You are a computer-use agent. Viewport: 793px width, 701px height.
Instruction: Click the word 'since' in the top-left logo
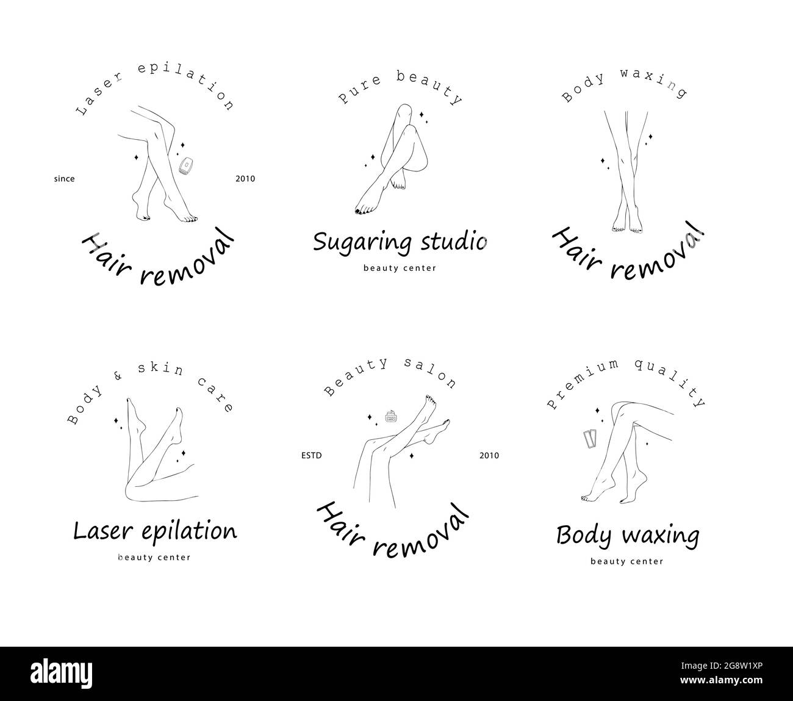[64, 179]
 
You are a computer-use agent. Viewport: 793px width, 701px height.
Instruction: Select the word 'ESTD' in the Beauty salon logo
[312, 456]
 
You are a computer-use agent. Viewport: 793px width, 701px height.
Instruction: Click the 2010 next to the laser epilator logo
[245, 179]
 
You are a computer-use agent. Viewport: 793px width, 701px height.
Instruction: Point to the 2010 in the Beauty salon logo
[489, 456]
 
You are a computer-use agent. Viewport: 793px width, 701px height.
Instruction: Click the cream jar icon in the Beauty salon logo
[390, 417]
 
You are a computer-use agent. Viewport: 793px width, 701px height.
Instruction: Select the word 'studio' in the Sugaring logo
[454, 242]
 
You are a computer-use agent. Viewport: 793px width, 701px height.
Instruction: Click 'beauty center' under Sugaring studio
[400, 268]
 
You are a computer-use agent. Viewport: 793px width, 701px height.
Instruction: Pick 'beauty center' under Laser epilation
[154, 557]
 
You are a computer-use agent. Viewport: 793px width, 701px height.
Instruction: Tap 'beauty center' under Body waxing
[626, 561]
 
